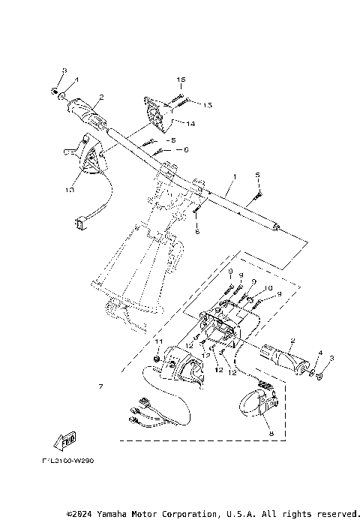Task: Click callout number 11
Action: pyautogui.click(x=158, y=342)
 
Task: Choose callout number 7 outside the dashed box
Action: pyautogui.click(x=100, y=387)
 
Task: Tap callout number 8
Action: pyautogui.click(x=271, y=434)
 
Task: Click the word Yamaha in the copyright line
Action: pyautogui.click(x=121, y=514)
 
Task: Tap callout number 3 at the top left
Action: pyautogui.click(x=64, y=71)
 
